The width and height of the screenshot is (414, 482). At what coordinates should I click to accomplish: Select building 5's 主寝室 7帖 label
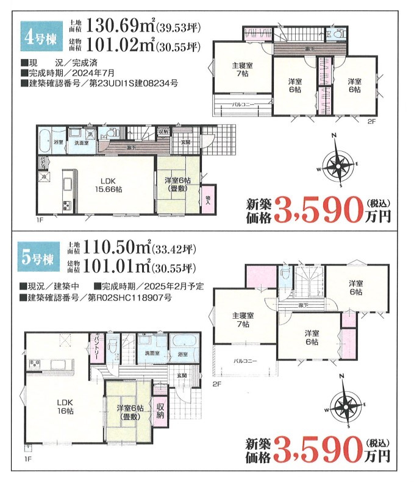click(243, 320)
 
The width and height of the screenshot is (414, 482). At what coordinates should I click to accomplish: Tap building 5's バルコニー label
click(245, 361)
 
